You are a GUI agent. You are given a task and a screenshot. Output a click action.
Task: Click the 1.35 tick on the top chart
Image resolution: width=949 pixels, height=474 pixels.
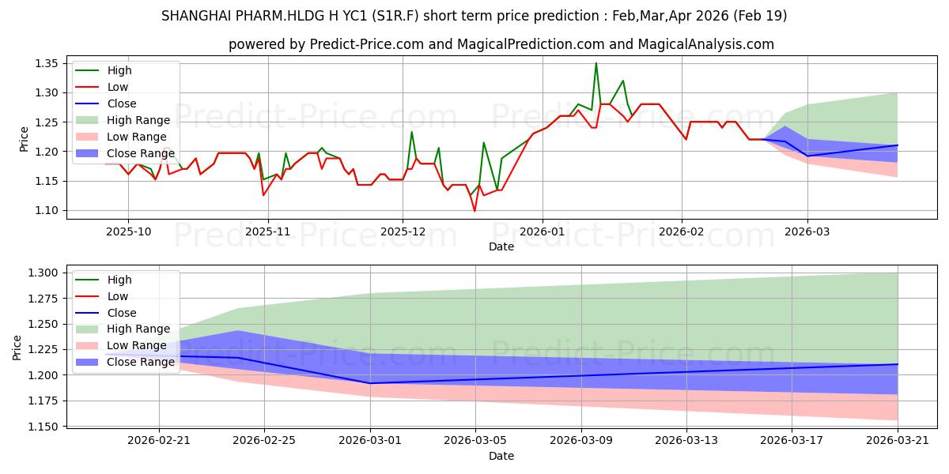tap(46, 64)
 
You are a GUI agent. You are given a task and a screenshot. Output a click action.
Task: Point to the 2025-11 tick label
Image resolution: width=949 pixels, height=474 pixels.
tap(268, 232)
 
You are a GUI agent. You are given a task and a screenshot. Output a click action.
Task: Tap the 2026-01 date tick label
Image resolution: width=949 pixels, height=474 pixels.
tap(543, 232)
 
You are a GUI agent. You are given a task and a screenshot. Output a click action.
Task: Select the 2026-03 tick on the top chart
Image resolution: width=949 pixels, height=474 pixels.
tap(807, 232)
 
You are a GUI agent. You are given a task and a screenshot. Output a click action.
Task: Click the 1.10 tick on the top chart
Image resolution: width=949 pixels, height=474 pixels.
tap(46, 211)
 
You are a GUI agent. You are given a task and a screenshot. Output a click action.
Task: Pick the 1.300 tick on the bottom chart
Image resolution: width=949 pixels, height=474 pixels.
tap(43, 273)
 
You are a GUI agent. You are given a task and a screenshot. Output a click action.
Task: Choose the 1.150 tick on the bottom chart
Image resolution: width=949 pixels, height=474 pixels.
tap(43, 427)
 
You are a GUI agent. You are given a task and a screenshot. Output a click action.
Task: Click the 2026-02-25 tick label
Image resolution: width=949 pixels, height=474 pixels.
tap(264, 441)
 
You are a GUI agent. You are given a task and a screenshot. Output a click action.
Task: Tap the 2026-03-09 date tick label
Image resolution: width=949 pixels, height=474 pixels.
tap(580, 441)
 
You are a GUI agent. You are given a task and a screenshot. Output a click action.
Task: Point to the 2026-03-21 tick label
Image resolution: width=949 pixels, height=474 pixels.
tap(898, 441)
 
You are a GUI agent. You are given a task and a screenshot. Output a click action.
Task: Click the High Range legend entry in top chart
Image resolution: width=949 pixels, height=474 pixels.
tap(123, 120)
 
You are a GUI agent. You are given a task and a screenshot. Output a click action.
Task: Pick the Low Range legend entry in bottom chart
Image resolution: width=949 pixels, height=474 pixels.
tap(121, 346)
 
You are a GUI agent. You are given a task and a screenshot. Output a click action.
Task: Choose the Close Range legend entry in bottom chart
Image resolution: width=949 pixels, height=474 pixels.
tap(125, 363)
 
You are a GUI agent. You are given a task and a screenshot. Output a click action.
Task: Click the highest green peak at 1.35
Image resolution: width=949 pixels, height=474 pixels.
tap(596, 63)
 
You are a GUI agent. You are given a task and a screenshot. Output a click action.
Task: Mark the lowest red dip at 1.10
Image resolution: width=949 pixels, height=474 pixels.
tap(475, 211)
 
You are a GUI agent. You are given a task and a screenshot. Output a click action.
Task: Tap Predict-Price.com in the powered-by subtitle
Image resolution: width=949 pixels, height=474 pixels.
tap(367, 44)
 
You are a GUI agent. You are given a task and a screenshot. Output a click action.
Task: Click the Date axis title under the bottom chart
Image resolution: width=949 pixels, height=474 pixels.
tap(501, 457)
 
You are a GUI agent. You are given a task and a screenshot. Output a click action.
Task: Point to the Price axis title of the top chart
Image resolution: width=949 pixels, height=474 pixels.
tap(24, 139)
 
